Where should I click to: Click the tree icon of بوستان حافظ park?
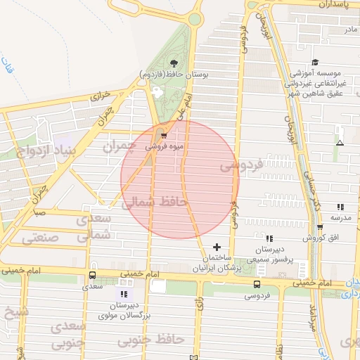click(x=173, y=64)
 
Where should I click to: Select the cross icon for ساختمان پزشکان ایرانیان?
click(x=217, y=247)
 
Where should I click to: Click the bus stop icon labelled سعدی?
click(x=93, y=276)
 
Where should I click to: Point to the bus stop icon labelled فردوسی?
click(x=256, y=285)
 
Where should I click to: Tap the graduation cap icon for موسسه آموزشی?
click(x=314, y=62)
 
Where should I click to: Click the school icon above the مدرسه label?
click(x=340, y=207)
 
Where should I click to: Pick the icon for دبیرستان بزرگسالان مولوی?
click(x=125, y=293)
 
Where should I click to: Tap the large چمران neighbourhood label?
click(x=117, y=147)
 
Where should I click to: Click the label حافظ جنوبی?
click(x=150, y=340)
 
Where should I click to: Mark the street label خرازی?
click(x=101, y=96)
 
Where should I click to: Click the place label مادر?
click(x=350, y=30)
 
